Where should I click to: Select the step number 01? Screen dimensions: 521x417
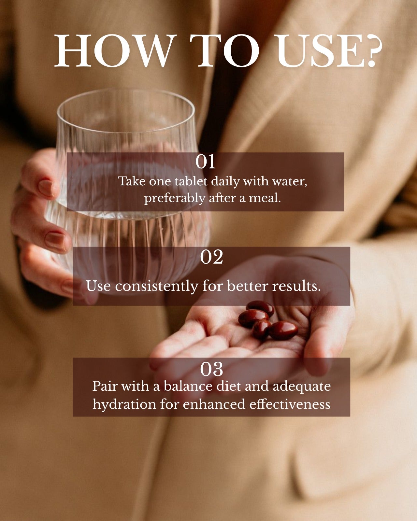click(x=205, y=162)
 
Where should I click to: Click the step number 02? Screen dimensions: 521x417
click(x=211, y=257)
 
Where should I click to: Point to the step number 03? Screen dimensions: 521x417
click(x=211, y=369)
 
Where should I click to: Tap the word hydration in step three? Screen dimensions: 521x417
click(x=124, y=404)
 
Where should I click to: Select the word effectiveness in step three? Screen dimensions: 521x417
click(x=290, y=404)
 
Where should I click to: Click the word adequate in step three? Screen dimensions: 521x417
click(x=301, y=387)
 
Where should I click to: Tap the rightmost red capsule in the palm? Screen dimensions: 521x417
click(x=283, y=330)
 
